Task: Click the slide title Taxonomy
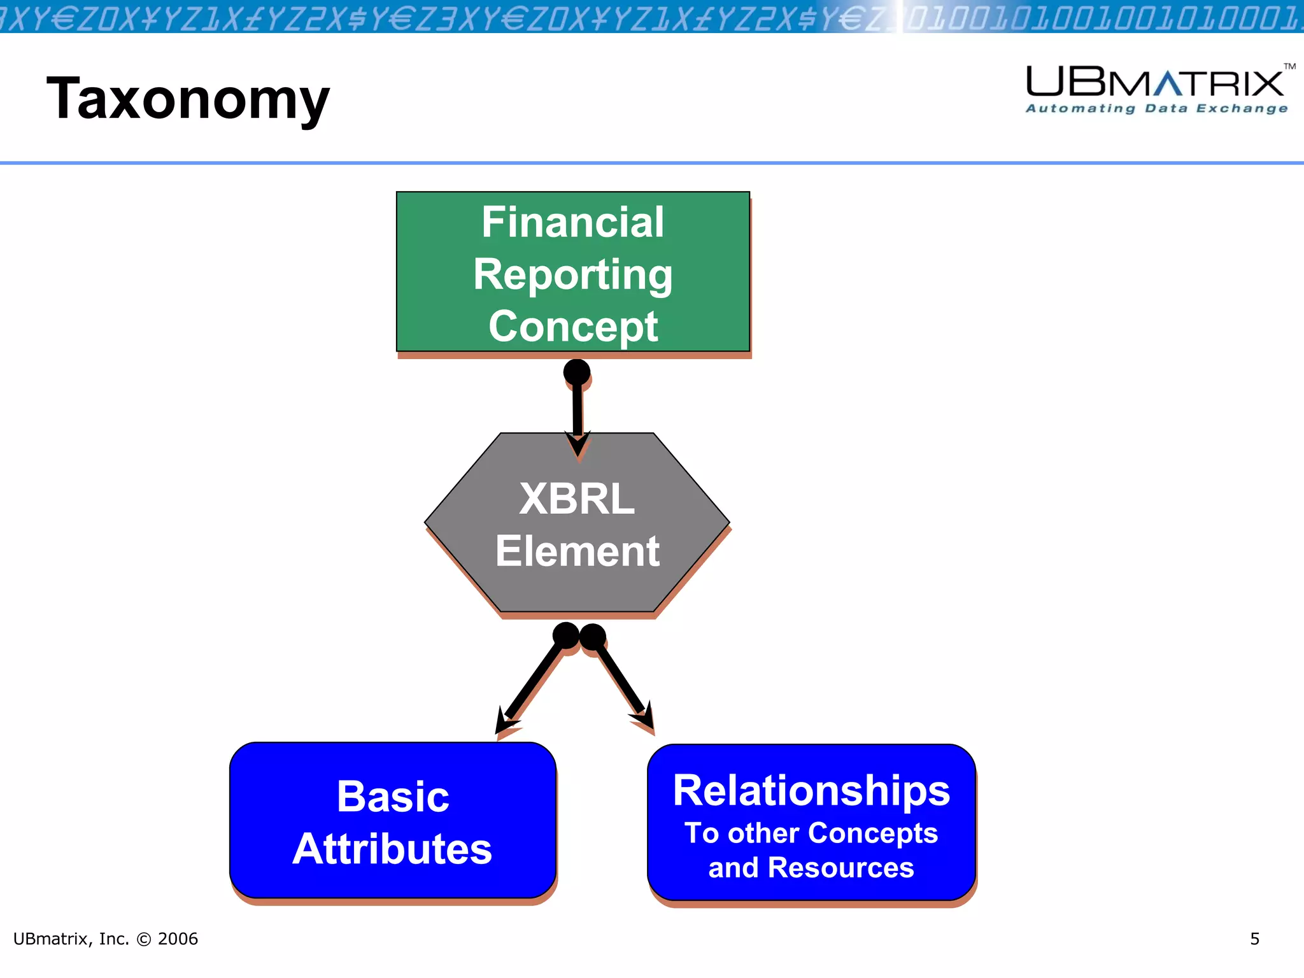pos(188,99)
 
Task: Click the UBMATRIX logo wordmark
pos(1154,83)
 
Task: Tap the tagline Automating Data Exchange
pos(1156,109)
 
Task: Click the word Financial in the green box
pos(572,222)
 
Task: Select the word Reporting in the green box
pos(572,274)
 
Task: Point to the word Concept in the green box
pos(572,327)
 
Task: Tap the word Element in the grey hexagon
pos(577,551)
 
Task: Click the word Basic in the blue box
pos(393,797)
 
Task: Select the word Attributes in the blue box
pos(392,849)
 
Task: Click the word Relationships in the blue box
pos(811,791)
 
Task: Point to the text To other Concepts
pos(811,833)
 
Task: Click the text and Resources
pos(811,868)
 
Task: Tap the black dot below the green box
pos(577,372)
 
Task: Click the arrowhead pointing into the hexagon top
pos(578,444)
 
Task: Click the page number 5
pos(1254,939)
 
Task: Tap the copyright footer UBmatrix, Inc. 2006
pos(106,939)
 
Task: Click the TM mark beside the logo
pos(1289,66)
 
